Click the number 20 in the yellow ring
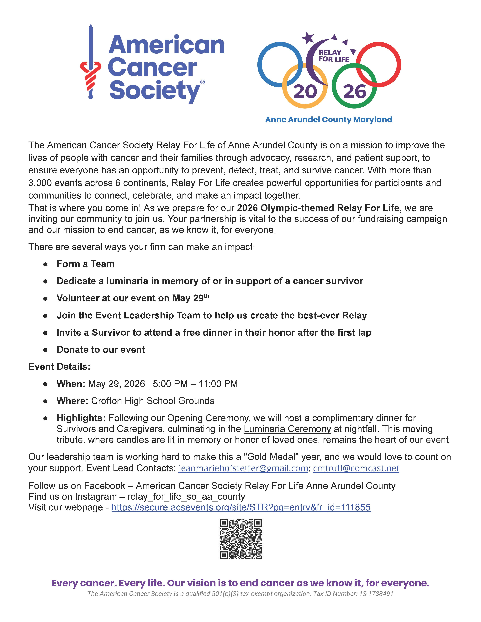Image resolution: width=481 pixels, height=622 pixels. (305, 92)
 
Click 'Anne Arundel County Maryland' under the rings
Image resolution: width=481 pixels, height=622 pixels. (329, 120)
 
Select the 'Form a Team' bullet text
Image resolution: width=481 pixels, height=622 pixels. (85, 264)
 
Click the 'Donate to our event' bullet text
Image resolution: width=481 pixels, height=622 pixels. (101, 350)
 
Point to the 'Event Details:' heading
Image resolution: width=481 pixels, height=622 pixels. (59, 367)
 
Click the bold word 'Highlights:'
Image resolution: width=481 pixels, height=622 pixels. (81, 418)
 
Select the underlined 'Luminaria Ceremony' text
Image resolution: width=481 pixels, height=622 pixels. (287, 429)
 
